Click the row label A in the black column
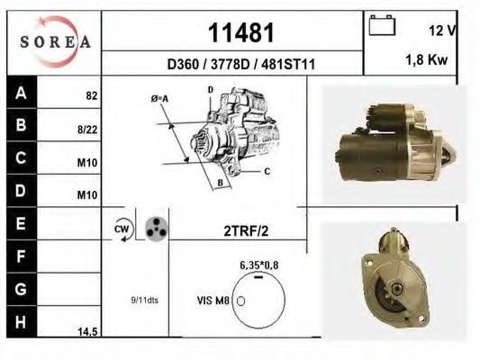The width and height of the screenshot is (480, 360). [21, 93]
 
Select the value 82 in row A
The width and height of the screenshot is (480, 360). [92, 94]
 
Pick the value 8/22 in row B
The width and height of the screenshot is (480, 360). [88, 130]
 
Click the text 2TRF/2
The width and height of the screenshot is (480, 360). [246, 230]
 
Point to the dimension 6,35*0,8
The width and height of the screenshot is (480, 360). [258, 266]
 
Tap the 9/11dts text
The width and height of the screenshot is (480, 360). [143, 301]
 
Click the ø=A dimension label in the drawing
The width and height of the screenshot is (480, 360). [159, 98]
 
